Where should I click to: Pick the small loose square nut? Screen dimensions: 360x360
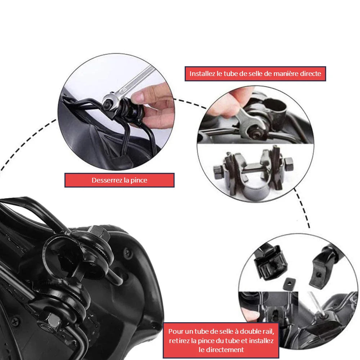click(x=288, y=283)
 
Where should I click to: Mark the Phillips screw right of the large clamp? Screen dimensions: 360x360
click(x=127, y=252)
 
